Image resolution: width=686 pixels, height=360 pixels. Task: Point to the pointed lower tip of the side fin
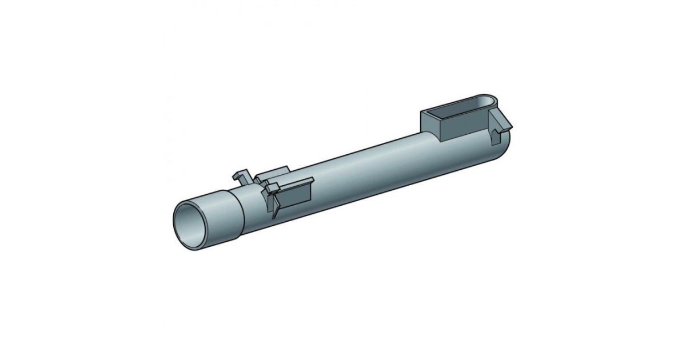275,215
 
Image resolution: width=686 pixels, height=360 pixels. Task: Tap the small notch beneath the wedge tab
494,137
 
